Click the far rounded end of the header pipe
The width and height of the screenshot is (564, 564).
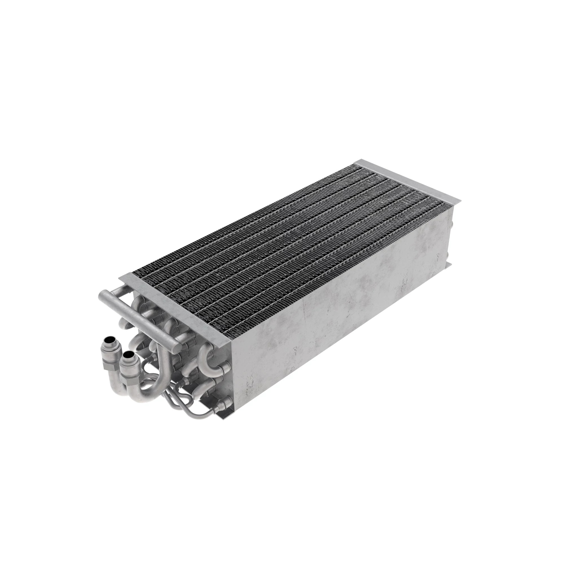tap(103, 296)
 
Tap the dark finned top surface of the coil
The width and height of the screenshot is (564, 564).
tap(292, 248)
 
